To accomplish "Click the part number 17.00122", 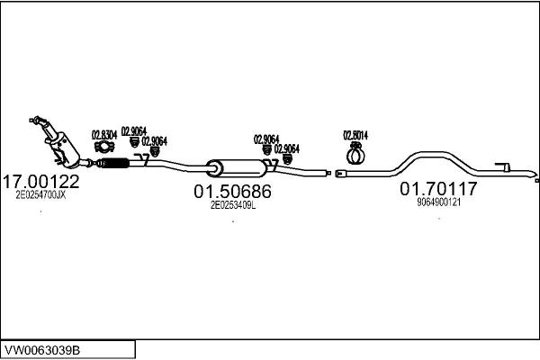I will tap(42, 181).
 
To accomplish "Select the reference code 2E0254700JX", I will tap(40, 194).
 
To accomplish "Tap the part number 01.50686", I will tap(232, 191).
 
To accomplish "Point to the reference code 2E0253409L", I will tap(232, 204).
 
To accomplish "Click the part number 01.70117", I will tap(438, 189).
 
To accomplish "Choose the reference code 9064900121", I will tap(438, 202).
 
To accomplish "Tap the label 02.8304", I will tap(104, 135).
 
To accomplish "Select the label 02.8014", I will tap(355, 135).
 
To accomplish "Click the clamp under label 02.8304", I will tap(104, 148).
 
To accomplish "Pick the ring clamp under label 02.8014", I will tap(354, 153).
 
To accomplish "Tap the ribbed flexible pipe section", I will tap(112, 163).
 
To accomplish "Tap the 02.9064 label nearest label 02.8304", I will tap(133, 129).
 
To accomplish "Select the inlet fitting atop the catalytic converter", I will tap(38, 120).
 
